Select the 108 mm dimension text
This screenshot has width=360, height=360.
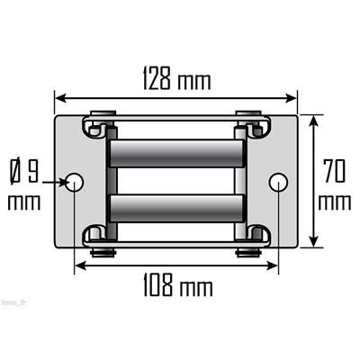pos(176,289)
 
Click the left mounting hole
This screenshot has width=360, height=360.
pos(76,183)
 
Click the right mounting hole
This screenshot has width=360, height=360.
pos(279,183)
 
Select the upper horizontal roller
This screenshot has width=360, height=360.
pos(176,153)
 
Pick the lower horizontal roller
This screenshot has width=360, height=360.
pos(176,210)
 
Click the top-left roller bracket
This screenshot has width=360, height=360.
pos(97,125)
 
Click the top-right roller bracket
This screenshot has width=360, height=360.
pos(256,125)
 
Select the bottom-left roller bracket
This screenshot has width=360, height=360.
pos(97,238)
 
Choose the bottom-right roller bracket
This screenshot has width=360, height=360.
pos(256,238)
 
